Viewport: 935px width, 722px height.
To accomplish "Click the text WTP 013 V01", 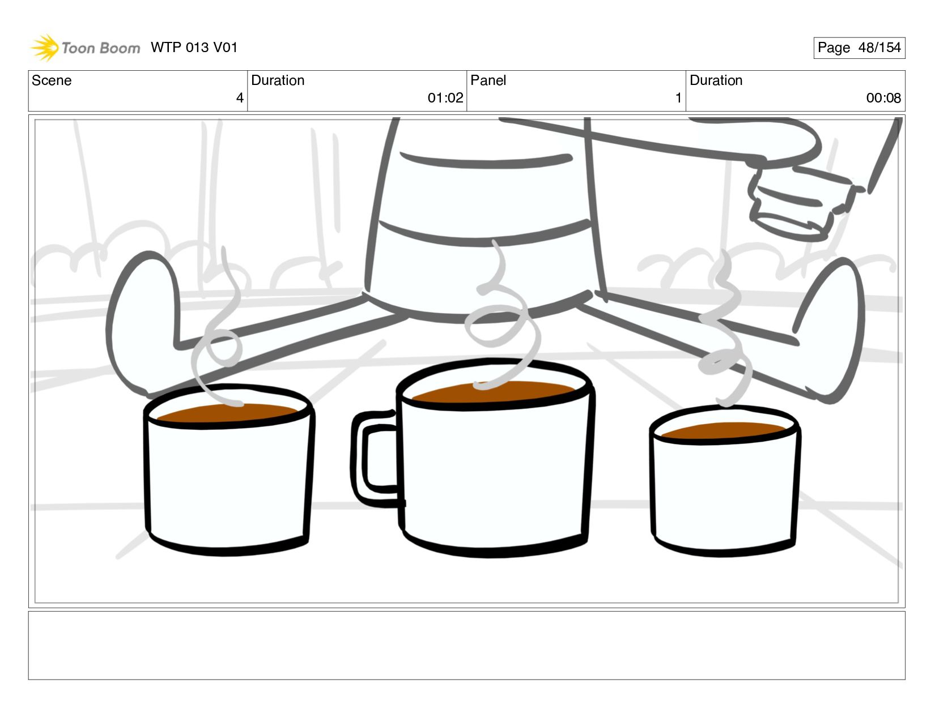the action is [194, 48].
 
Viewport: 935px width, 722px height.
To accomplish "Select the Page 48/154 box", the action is [859, 48].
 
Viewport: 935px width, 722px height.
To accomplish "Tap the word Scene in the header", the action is [52, 80].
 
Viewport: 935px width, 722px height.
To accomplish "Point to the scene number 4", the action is [240, 98].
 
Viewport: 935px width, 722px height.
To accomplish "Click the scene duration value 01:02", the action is [445, 98].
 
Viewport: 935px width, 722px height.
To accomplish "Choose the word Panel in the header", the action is [488, 80].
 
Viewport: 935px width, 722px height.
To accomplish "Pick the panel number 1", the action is [678, 98].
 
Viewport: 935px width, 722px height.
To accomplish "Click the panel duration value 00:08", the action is [883, 98].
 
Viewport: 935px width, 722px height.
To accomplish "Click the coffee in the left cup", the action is [227, 413].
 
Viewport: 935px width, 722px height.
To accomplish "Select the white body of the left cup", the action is [228, 482].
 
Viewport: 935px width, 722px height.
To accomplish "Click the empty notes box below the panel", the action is [467, 646].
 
